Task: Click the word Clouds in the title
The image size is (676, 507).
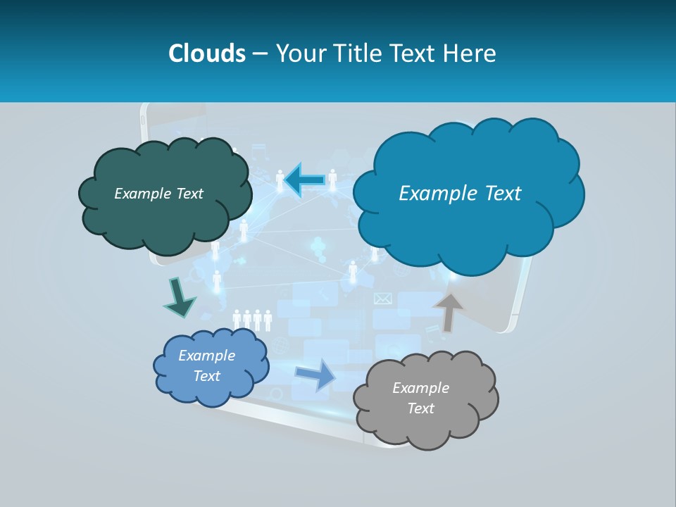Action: pos(206,53)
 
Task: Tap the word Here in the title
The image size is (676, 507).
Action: pos(470,53)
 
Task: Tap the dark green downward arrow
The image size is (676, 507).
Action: pos(179,298)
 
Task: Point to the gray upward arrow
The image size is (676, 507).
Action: pos(449,311)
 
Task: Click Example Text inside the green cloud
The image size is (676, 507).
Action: pos(158,194)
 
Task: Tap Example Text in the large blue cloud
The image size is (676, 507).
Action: pos(460,194)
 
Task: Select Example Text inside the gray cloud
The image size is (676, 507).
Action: pos(420,398)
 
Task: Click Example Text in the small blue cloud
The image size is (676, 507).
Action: pos(206,365)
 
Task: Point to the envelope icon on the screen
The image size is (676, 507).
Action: pos(382,299)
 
